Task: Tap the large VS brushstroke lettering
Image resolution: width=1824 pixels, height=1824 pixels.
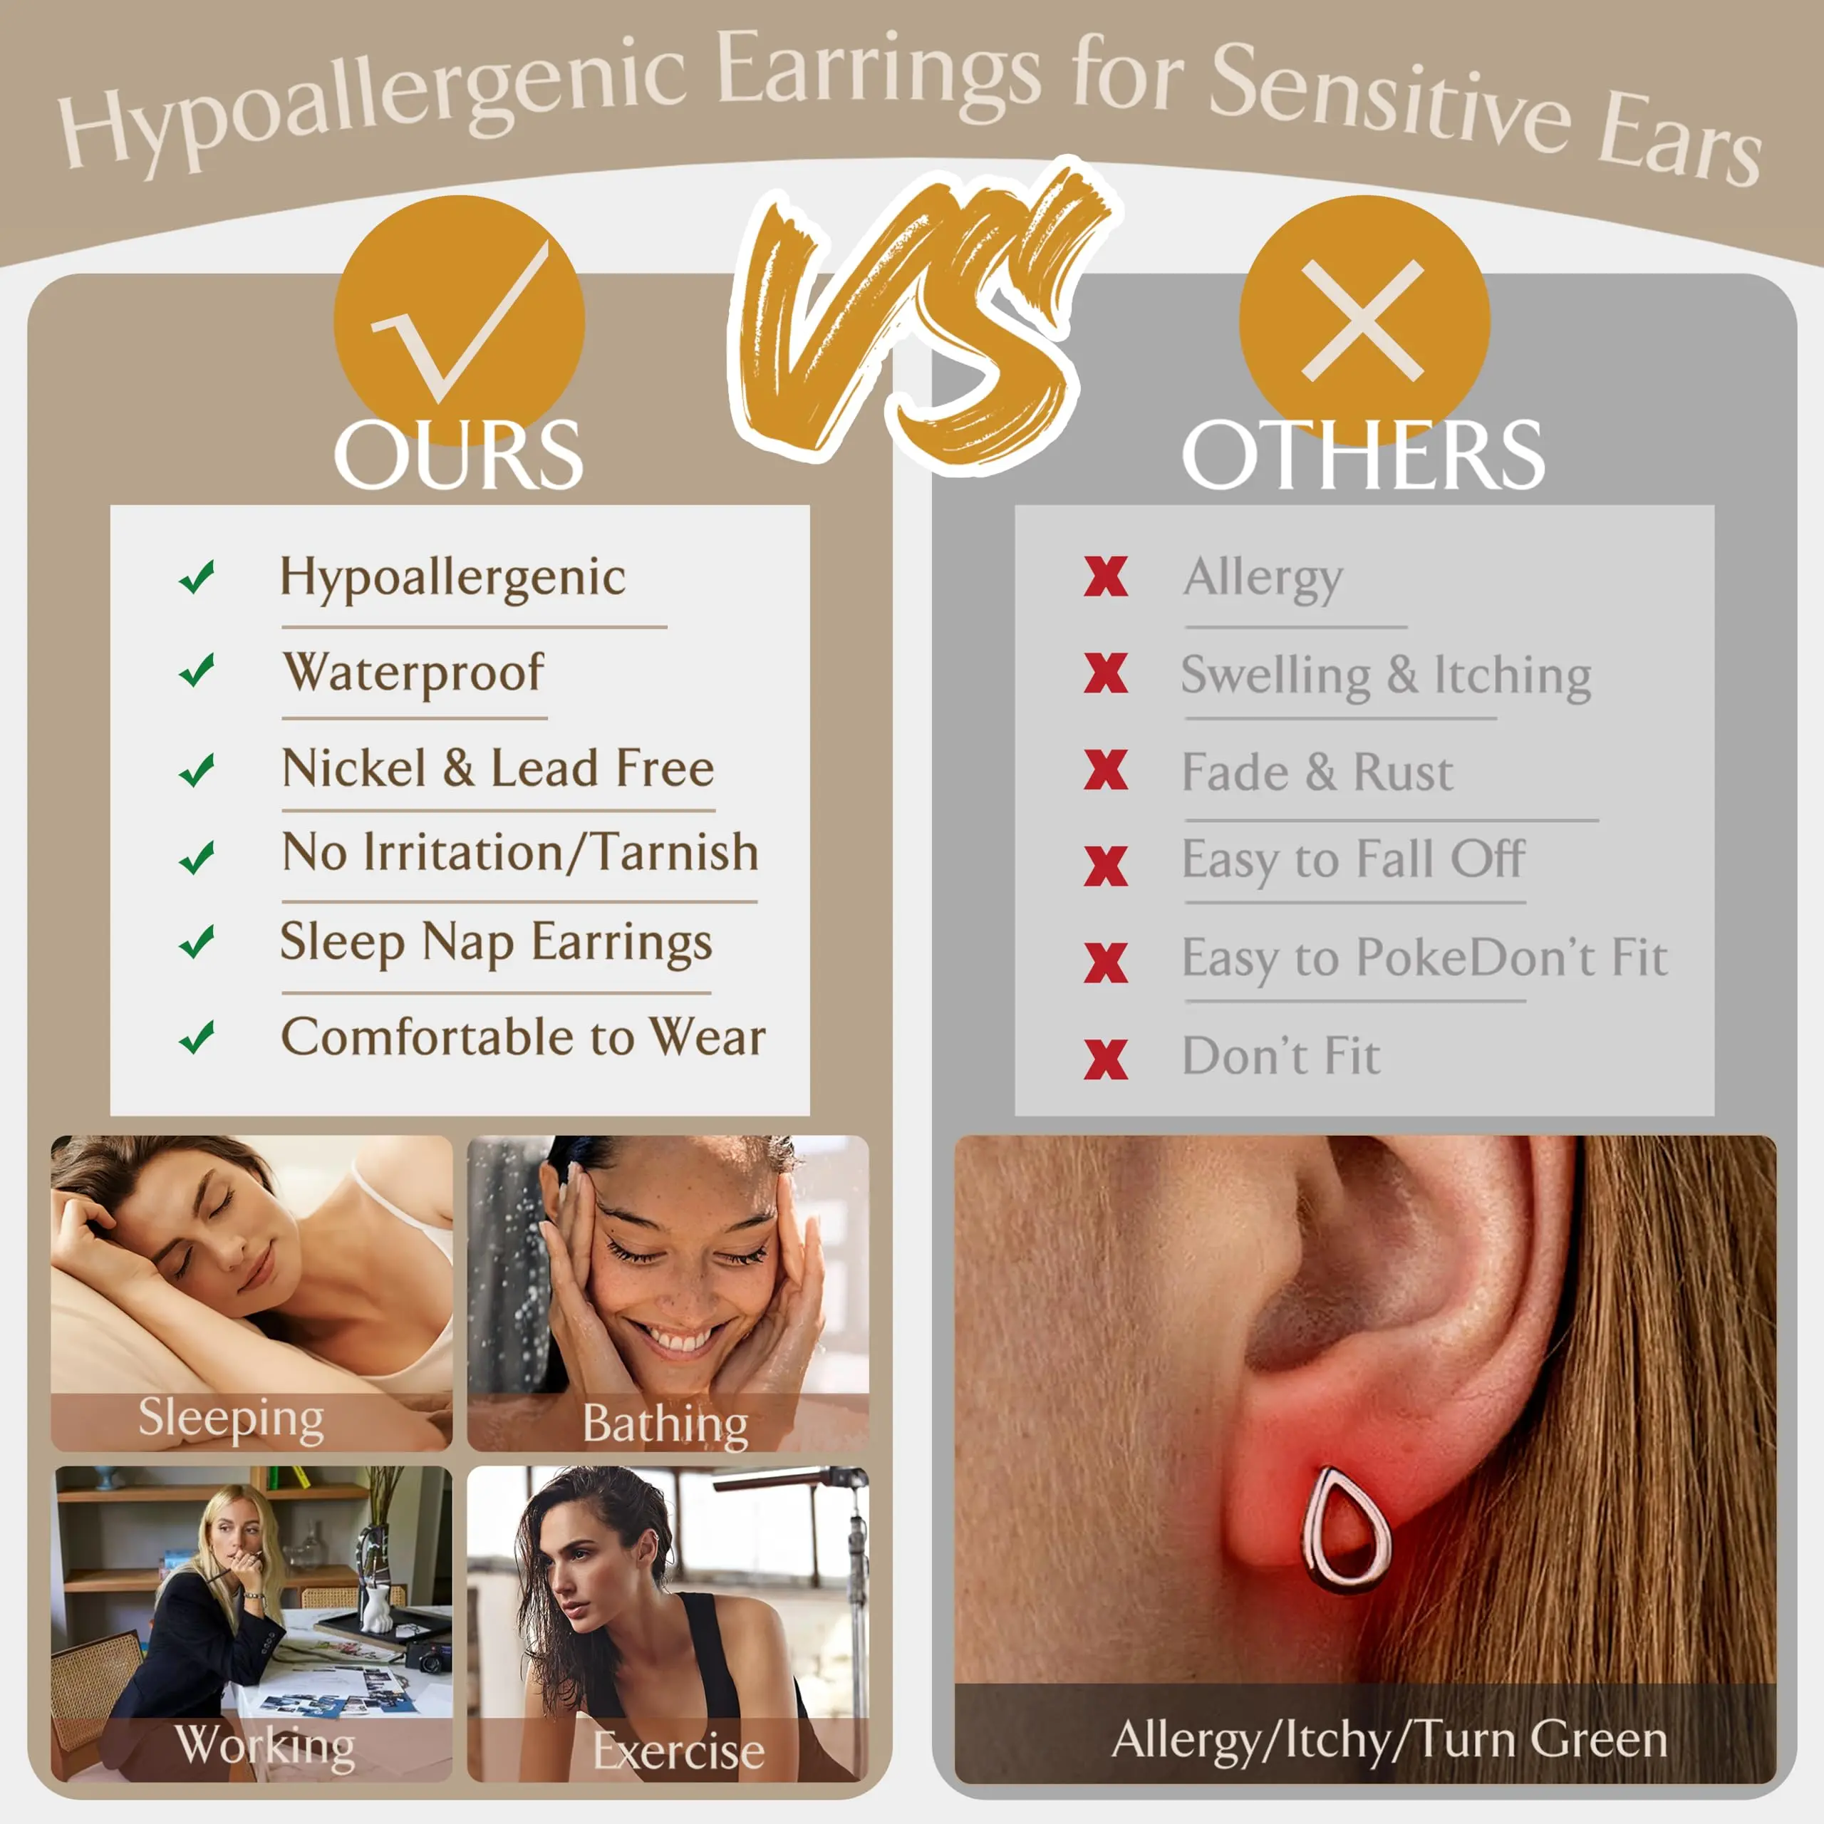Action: tap(921, 311)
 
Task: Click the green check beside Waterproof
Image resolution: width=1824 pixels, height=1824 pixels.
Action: tap(197, 670)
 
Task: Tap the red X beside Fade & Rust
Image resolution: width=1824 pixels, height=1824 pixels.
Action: tap(1106, 769)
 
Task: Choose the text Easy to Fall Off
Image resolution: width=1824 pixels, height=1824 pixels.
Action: tap(1353, 860)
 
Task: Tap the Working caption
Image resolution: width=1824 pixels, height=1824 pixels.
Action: tap(265, 1745)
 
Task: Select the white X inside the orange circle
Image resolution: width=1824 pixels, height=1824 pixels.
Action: tap(1362, 321)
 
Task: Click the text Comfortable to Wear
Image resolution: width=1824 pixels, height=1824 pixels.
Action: tap(524, 1037)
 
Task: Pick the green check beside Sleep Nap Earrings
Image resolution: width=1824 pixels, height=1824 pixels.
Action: tap(197, 941)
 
